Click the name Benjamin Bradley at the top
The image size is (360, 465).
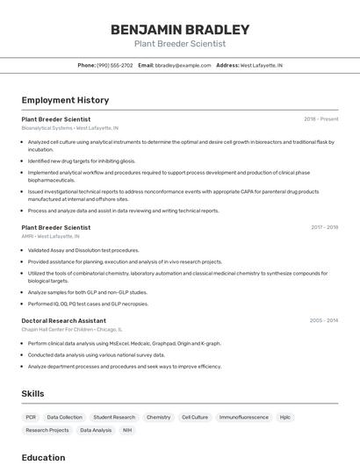coord(180,30)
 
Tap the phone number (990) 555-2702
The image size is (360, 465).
coord(115,65)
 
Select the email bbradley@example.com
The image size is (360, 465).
coord(184,65)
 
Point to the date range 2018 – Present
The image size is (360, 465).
coord(320,119)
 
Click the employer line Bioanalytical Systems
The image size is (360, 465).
coord(70,128)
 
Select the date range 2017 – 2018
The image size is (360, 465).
coord(324,227)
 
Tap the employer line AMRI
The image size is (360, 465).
coord(51,236)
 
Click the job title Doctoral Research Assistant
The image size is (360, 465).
coord(64,321)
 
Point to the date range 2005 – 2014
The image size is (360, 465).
coord(323,321)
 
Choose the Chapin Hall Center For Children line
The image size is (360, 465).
coord(72,330)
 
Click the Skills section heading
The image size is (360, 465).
coord(32,394)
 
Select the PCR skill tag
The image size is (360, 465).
coord(31,418)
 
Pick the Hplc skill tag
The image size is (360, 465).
coord(285,418)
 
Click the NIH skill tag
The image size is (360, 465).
coord(127,431)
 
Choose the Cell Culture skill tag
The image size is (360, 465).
coord(195,418)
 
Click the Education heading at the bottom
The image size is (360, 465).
coord(43,457)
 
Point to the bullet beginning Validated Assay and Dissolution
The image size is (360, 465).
coord(83,250)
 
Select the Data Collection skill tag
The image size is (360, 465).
coord(65,418)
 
